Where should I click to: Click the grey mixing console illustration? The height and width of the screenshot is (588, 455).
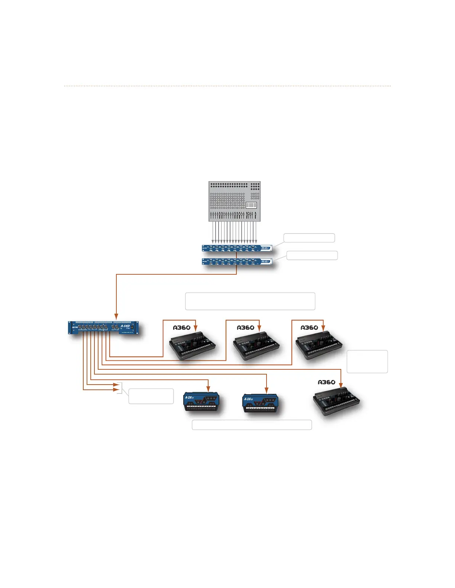click(234, 201)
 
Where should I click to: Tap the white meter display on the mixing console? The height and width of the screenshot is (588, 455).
click(251, 205)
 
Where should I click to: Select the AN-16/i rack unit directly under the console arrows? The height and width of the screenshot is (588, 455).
click(237, 248)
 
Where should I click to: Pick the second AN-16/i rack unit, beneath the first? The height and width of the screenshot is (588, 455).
click(237, 262)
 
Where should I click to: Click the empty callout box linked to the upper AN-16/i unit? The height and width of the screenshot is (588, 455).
click(309, 238)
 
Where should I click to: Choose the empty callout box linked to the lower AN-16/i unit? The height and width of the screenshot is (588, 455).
click(312, 255)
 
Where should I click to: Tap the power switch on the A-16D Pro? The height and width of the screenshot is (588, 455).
click(132, 327)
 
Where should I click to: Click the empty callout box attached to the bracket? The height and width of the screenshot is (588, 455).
click(151, 396)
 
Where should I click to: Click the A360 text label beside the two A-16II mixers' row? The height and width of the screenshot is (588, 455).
click(326, 382)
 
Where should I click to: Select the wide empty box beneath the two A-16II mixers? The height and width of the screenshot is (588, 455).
click(252, 425)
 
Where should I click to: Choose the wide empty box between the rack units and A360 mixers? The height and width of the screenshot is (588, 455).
click(250, 301)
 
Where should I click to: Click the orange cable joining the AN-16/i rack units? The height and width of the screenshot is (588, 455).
click(236, 255)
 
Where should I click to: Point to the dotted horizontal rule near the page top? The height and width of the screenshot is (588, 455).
click(227, 86)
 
